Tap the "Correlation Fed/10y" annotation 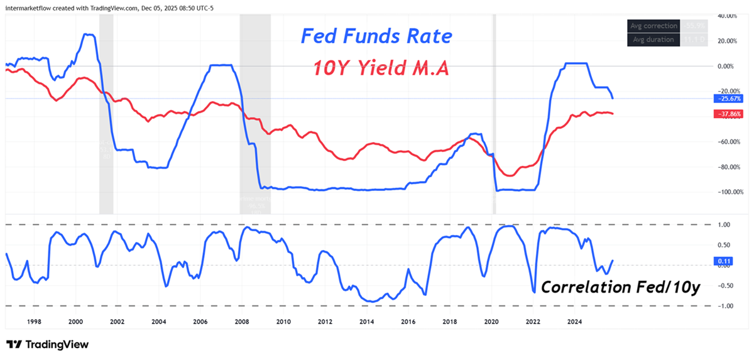point(620,287)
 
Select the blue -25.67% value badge point(728,99)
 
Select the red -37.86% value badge point(728,114)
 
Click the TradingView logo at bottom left point(48,344)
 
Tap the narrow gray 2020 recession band point(493,113)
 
